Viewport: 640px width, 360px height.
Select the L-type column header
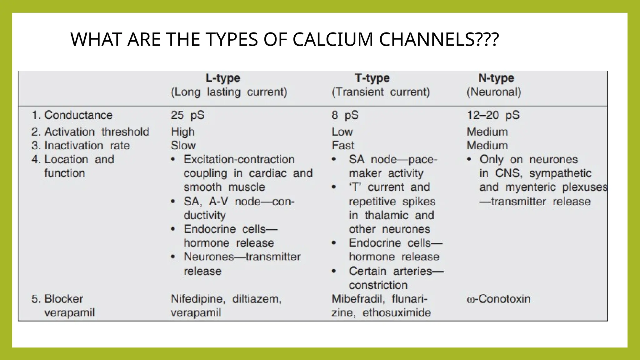(x=223, y=78)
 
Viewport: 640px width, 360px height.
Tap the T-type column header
(x=372, y=78)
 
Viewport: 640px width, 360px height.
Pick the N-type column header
(x=496, y=78)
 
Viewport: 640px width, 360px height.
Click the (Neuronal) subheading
(x=494, y=92)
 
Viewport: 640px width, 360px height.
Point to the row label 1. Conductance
(x=72, y=115)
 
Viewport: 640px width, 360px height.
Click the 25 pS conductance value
(x=187, y=115)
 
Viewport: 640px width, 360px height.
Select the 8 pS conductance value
(x=345, y=115)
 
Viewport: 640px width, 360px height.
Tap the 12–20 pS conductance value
(x=493, y=115)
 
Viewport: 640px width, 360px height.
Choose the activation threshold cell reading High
(x=182, y=132)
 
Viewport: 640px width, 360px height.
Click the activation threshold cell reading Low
(x=342, y=132)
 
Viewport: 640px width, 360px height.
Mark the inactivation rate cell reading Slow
(x=183, y=146)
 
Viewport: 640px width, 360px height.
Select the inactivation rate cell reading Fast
(x=343, y=146)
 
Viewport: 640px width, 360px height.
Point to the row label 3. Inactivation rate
(x=81, y=146)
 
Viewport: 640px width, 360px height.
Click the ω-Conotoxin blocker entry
(x=498, y=299)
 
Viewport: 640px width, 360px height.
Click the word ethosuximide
(x=397, y=312)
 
